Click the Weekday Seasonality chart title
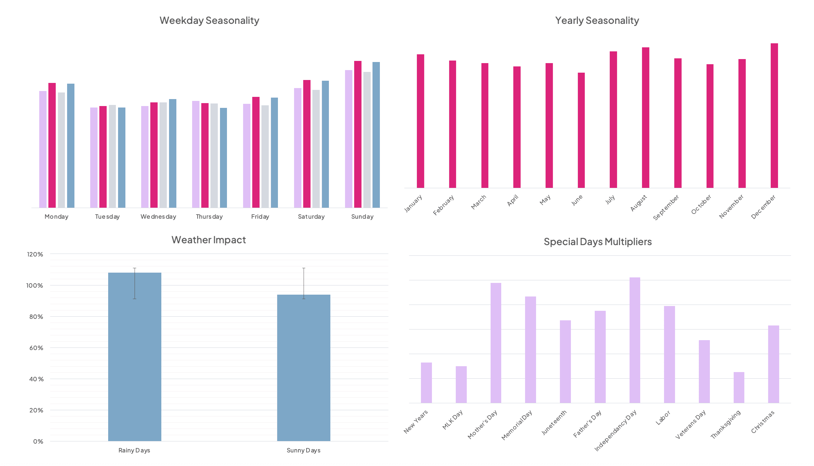click(209, 21)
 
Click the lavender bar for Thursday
click(195, 154)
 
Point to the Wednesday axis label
click(158, 216)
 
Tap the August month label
click(638, 203)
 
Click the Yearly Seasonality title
click(597, 21)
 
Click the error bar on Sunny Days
click(304, 283)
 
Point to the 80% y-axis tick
click(36, 317)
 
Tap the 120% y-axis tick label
click(35, 254)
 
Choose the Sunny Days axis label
click(303, 450)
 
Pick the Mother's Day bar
click(496, 343)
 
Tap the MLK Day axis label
click(452, 419)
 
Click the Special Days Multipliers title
click(597, 242)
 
